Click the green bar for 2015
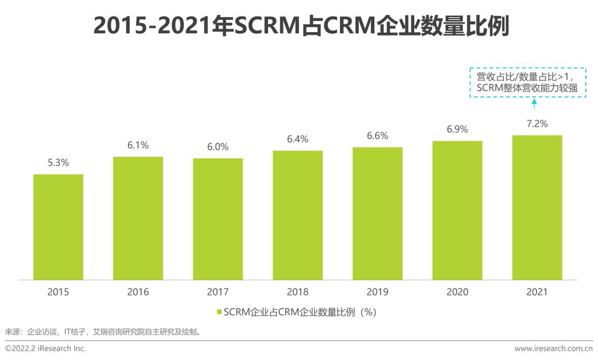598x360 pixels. pos(58,227)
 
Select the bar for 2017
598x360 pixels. pos(218,219)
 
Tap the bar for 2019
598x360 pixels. pos(377,213)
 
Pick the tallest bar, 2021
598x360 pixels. pos(537,208)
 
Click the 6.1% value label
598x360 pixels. pos(138,145)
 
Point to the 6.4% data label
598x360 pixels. pos(297,139)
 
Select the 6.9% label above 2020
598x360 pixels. pos(457,129)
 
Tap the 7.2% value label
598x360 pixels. pos(537,124)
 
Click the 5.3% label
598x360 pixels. pos(58,163)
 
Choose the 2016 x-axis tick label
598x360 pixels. pos(138,292)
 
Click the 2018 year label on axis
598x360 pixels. pos(297,292)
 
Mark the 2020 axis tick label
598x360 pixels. pos(457,292)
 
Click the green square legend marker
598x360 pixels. pos(219,312)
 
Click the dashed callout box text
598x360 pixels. pos(527,83)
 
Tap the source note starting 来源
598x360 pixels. pos(102,332)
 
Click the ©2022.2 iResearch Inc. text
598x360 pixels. pos(45,348)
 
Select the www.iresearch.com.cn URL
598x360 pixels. pos(553,348)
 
